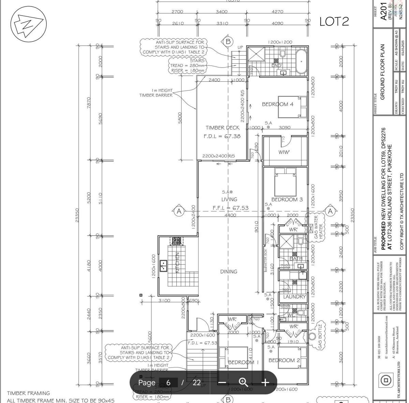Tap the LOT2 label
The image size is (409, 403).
point(334,21)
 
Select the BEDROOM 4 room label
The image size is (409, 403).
point(277,104)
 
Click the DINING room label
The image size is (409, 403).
point(229,272)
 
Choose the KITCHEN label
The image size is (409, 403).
point(177,263)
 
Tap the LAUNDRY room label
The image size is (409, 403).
point(294,297)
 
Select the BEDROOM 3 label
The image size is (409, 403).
point(287,199)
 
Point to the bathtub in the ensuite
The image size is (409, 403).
point(301,61)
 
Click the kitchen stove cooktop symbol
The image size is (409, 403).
point(176,241)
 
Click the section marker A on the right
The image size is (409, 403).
point(330,211)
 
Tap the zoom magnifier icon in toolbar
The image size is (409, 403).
point(243,382)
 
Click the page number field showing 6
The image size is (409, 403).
point(169,383)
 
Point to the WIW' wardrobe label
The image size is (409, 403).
point(284,152)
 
